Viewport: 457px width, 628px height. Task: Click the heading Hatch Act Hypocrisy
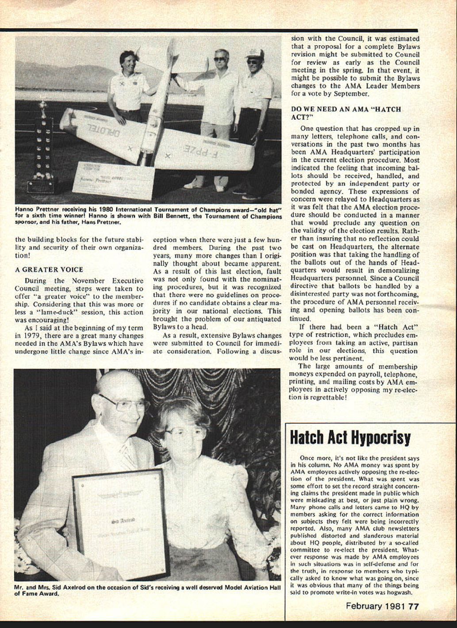349,438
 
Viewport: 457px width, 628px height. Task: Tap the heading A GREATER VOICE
49,270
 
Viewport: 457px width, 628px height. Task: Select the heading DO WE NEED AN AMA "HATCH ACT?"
346,113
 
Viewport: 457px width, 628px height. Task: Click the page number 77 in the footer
414,606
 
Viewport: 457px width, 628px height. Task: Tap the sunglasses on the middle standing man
220,59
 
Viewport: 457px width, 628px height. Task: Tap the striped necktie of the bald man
128,455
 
